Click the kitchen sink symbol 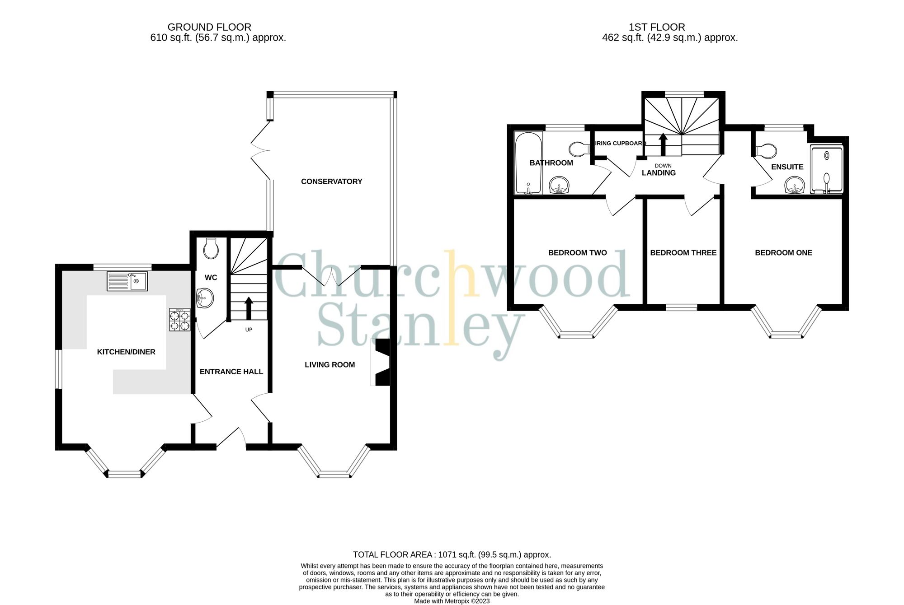[127, 281]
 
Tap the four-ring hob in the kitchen [179, 320]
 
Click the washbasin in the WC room [205, 298]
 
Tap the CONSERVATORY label [331, 181]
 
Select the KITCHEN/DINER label [126, 352]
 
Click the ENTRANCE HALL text [231, 372]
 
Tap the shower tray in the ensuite [826, 169]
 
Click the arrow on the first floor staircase [663, 144]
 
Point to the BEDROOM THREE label [683, 253]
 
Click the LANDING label [659, 173]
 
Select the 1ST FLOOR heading [656, 27]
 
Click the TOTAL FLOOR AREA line [452, 554]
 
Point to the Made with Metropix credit [452, 601]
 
